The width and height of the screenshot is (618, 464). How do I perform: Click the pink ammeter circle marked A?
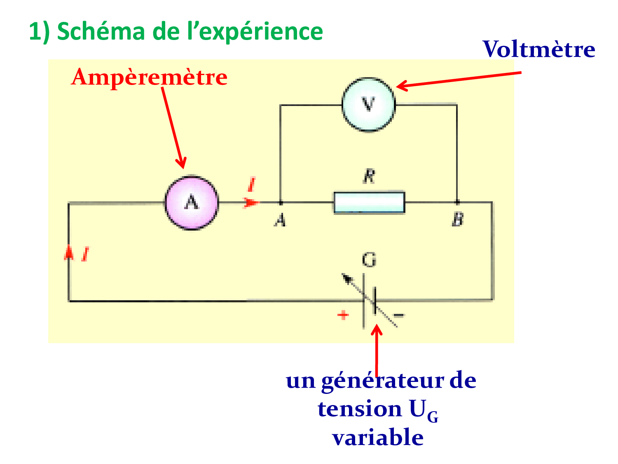point(192,203)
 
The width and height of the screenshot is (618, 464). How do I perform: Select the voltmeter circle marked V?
point(368,104)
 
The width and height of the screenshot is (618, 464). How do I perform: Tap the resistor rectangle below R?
point(369,203)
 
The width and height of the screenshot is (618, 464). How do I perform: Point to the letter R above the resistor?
point(369,177)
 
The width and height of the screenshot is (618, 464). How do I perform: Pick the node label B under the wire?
point(457,219)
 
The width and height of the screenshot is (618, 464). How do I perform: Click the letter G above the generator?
point(369,260)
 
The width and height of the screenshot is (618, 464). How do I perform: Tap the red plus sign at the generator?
point(343,316)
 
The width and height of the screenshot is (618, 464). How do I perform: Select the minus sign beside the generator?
point(399,316)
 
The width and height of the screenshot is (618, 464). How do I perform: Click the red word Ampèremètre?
point(149,77)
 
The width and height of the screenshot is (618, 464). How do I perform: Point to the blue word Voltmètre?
point(538,49)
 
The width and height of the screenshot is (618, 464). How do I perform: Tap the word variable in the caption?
point(378,438)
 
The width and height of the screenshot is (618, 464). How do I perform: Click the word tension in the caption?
point(360,409)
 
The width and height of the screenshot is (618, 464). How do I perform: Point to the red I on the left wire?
point(85,254)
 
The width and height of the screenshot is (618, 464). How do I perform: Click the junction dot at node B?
point(457,202)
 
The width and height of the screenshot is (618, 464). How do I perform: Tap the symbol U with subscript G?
point(423,411)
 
